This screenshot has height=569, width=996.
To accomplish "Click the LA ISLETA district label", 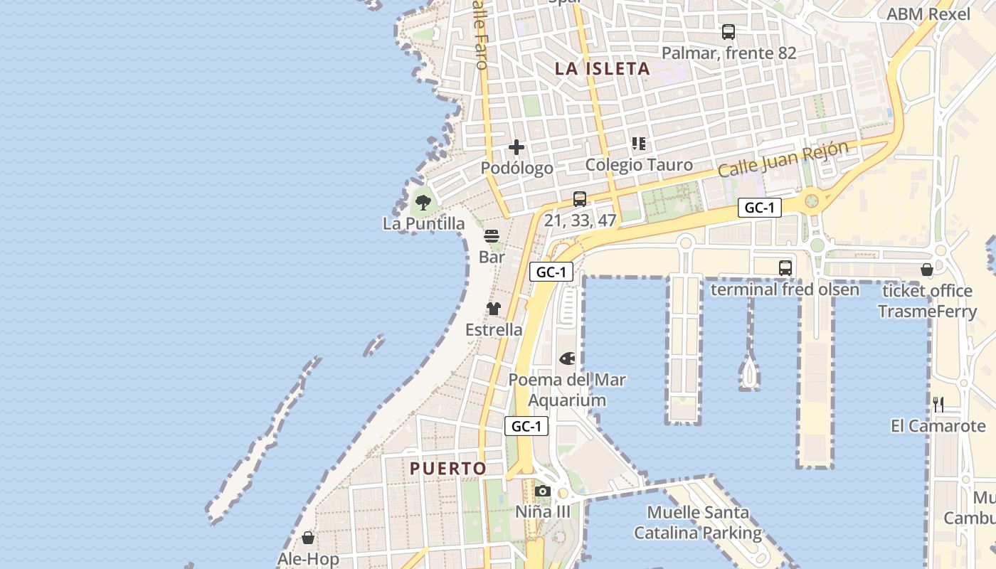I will tap(603, 69).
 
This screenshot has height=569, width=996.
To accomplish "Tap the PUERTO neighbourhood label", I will tap(448, 469).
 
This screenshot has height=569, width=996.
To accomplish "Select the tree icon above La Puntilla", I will tap(423, 203).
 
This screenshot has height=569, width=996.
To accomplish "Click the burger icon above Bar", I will tap(492, 235).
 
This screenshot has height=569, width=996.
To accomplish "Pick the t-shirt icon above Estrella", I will tap(494, 309).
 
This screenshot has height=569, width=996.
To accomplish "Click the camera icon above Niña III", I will tap(543, 491).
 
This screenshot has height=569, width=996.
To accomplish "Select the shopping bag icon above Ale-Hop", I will tap(308, 538).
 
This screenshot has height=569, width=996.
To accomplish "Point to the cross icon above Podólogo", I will tap(516, 147).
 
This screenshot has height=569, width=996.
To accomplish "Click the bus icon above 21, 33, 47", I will tap(580, 199).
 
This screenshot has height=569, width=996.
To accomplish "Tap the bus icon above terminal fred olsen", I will tap(785, 268).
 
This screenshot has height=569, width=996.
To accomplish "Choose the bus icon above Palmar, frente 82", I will tap(729, 32).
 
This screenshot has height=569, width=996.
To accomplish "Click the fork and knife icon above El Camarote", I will tap(938, 405).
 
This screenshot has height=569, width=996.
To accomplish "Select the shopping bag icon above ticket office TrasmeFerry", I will tap(927, 270).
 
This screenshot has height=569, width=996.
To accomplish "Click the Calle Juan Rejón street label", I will tap(783, 159).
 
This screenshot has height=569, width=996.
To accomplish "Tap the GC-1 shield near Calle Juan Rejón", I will tap(760, 208).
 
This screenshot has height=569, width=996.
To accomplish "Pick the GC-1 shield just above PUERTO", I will tap(526, 426).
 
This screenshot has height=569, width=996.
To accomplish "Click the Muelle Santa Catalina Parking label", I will tap(698, 522).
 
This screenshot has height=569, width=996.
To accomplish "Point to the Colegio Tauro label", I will tap(629, 165).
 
